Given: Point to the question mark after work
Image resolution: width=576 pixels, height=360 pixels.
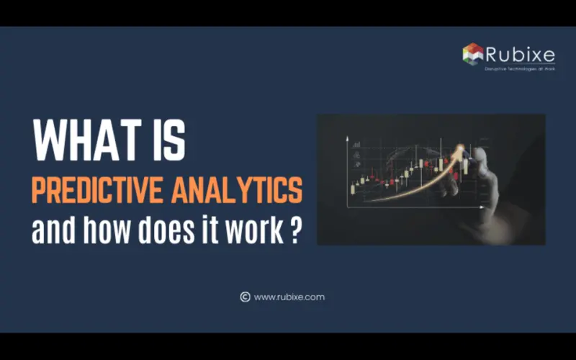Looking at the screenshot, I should tap(295, 233).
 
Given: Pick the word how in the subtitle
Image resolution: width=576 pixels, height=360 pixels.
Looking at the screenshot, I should tap(94, 233).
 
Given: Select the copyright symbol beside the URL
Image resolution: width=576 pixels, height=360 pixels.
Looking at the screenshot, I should tap(245, 297).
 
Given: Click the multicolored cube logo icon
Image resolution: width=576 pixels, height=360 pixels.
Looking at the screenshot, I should tap(472, 53).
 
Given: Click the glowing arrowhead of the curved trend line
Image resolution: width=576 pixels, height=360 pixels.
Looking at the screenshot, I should tap(459, 149).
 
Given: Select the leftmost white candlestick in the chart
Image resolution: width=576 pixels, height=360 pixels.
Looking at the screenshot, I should tap(353, 189).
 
